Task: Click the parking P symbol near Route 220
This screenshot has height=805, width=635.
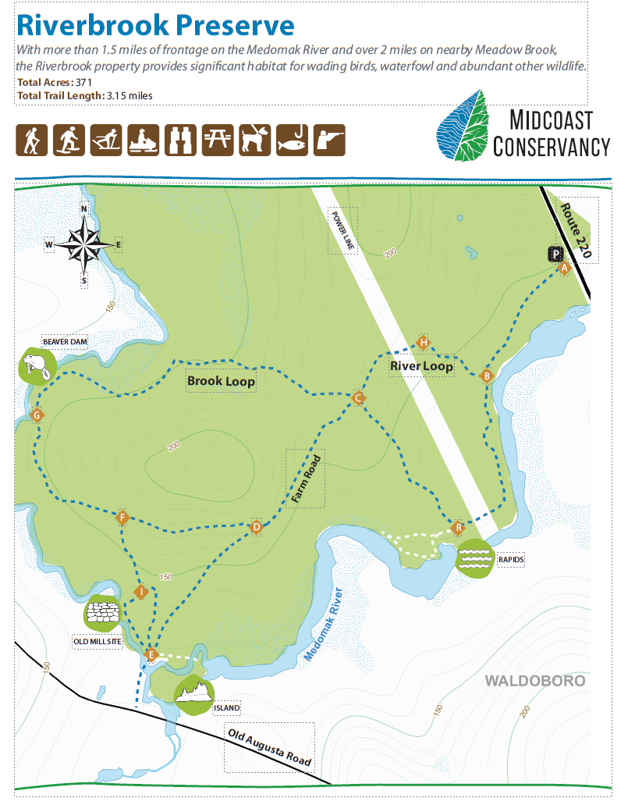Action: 555,254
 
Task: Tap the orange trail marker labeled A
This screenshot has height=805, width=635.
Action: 564,268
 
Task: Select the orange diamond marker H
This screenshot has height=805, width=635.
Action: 423,342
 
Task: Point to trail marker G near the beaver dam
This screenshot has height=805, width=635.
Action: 37,415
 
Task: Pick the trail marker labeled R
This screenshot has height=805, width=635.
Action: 458,528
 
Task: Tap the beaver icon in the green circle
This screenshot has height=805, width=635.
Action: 36,365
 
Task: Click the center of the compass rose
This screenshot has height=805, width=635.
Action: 84,244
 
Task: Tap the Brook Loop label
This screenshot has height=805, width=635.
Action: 221,381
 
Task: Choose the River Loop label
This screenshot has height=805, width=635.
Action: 421,365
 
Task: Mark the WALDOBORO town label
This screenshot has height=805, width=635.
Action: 534,681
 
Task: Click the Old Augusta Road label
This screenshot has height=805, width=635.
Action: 269,746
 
